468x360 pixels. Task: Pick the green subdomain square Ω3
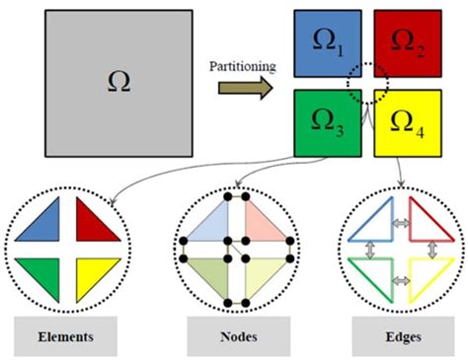[327, 124]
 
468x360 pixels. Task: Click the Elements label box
[66, 336]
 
